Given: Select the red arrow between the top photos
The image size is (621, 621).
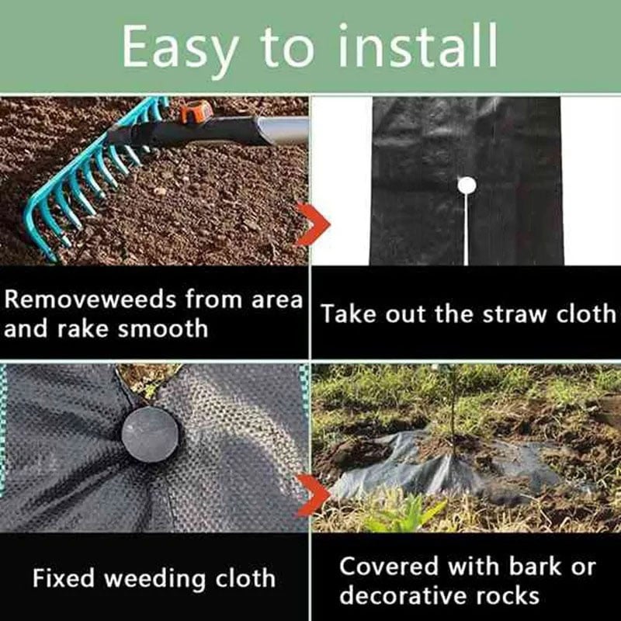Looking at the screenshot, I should (x=314, y=224).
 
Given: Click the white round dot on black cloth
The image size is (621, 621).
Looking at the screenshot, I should (x=466, y=186).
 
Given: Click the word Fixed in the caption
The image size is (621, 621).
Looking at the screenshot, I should (x=64, y=578).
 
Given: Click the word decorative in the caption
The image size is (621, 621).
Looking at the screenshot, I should (x=409, y=595).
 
